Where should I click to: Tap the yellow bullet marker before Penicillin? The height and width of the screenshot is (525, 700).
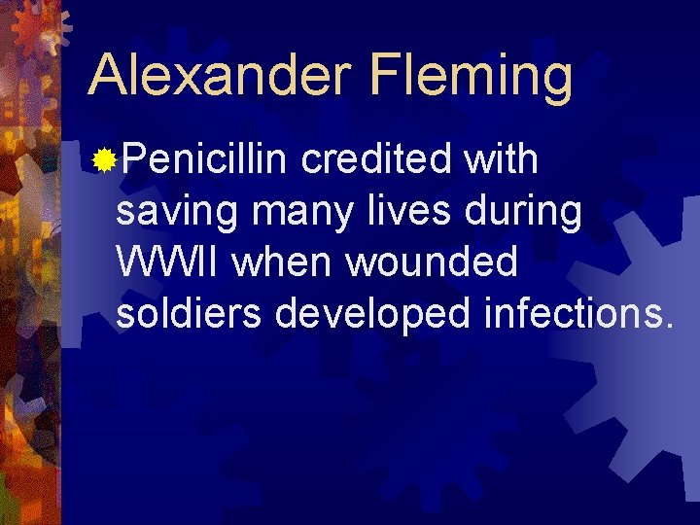104,159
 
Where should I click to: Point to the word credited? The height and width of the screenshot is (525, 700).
377,159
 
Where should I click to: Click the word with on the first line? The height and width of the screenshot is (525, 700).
501,159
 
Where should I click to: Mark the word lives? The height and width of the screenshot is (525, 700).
395,211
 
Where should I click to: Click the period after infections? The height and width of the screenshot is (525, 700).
666,327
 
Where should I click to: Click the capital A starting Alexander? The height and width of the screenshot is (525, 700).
106,75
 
